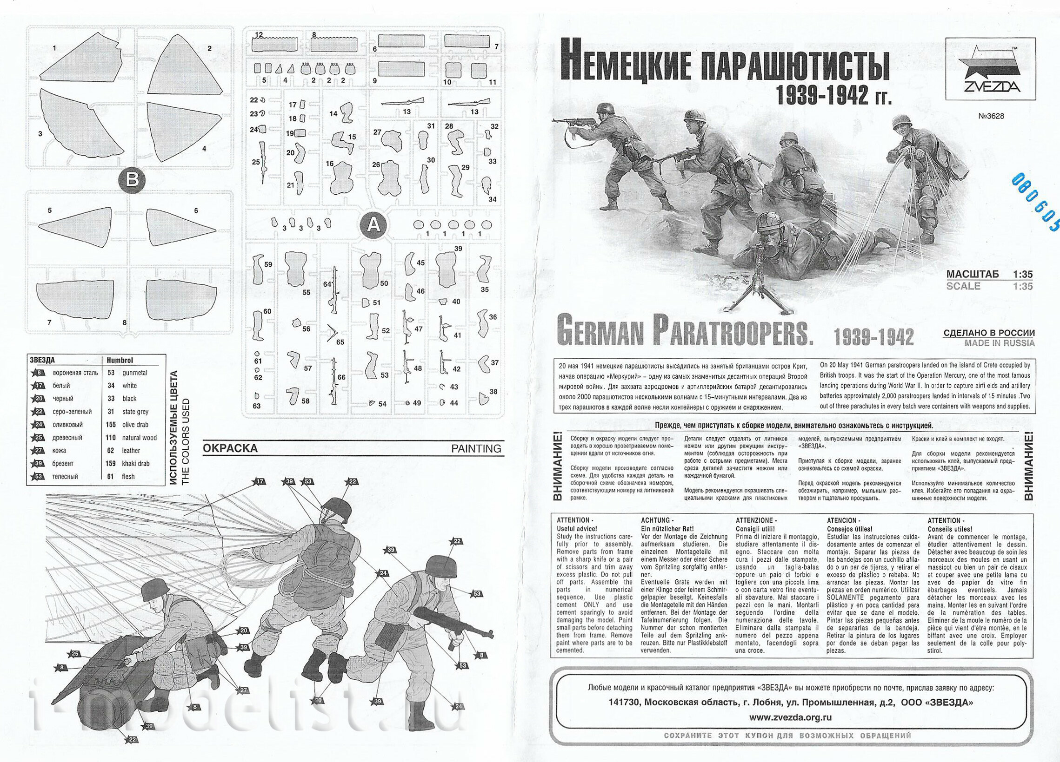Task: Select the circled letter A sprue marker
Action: click(x=373, y=225)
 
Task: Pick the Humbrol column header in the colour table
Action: click(x=120, y=360)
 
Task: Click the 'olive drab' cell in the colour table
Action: click(x=135, y=424)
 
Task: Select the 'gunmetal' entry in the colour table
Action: click(x=134, y=373)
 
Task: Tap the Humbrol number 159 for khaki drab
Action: click(x=111, y=464)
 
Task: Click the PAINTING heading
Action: click(x=476, y=449)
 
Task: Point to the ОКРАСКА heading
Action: click(x=230, y=449)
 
